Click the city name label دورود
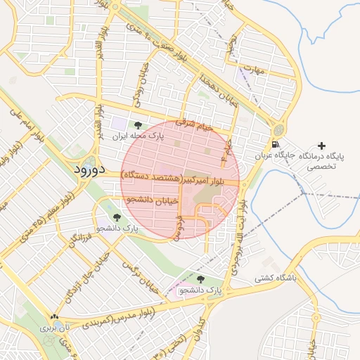tap(89, 169)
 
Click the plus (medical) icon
tap(321, 146)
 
